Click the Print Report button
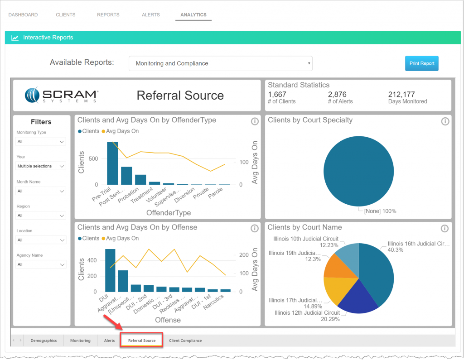(421, 63)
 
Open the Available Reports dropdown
(220, 63)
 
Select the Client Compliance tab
(185, 341)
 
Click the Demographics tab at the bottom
(43, 341)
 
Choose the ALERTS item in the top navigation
(150, 15)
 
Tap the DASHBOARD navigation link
(23, 15)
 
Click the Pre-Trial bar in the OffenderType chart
(112, 163)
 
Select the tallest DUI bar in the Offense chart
(110, 270)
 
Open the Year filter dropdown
(41, 166)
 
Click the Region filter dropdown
(41, 216)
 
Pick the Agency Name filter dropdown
(41, 264)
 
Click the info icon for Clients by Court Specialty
(445, 121)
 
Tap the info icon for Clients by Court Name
(445, 228)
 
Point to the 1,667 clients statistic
(277, 95)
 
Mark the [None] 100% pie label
(377, 211)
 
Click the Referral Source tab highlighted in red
(141, 341)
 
